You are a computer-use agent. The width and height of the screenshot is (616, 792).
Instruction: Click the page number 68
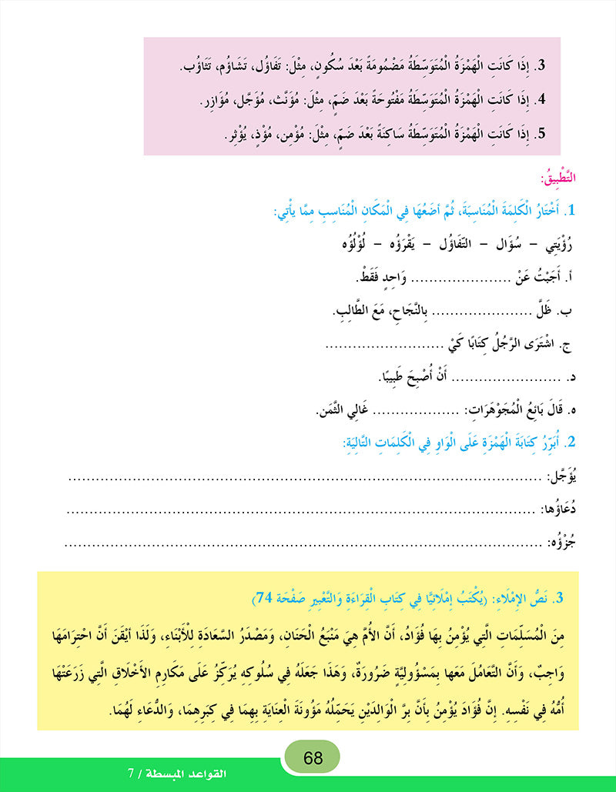[313, 757]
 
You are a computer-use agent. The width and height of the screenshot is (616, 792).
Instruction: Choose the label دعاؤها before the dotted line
[566, 510]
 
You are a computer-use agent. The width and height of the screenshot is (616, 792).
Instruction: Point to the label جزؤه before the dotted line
[569, 543]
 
